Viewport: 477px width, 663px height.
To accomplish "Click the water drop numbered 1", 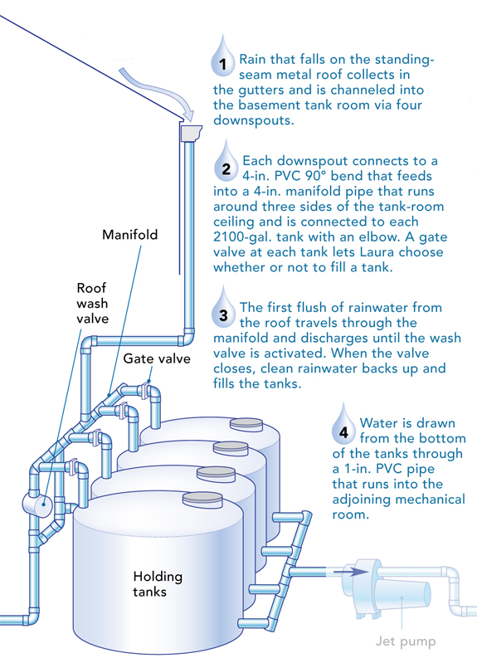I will point(222,58).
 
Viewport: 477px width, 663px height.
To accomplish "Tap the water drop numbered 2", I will point(226,163).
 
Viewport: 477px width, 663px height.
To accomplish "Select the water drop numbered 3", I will point(224,311).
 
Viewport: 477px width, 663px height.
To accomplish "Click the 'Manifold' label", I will point(129,235).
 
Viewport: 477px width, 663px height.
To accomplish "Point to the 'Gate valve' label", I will point(157,358).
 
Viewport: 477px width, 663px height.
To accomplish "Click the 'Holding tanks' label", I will point(158,584).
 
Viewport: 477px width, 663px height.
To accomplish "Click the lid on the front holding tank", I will point(201,498).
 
